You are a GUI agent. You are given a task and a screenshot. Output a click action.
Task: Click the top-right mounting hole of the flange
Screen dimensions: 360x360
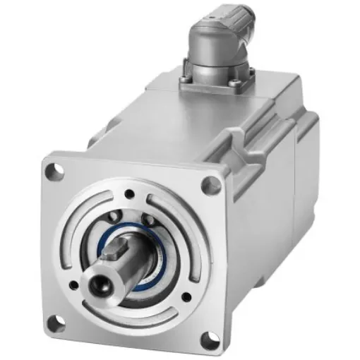pyautogui.click(x=210, y=185)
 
